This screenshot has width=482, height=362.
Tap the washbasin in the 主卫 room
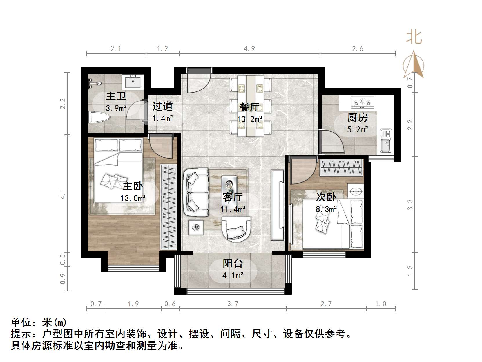tap(134, 82)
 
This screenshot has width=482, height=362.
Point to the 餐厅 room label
tap(249, 107)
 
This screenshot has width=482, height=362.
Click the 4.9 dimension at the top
tap(249, 48)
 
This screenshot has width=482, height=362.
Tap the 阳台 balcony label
tap(233, 263)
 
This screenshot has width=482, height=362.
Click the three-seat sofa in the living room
tap(196, 192)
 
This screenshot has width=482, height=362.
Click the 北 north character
tap(414, 37)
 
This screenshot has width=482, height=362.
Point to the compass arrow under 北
tap(414, 64)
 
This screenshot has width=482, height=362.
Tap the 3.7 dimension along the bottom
tap(233, 304)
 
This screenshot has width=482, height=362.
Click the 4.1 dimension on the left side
tap(63, 194)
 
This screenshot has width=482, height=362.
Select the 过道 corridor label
tap(162, 106)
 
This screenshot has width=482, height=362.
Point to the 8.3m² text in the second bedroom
tap(326, 209)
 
